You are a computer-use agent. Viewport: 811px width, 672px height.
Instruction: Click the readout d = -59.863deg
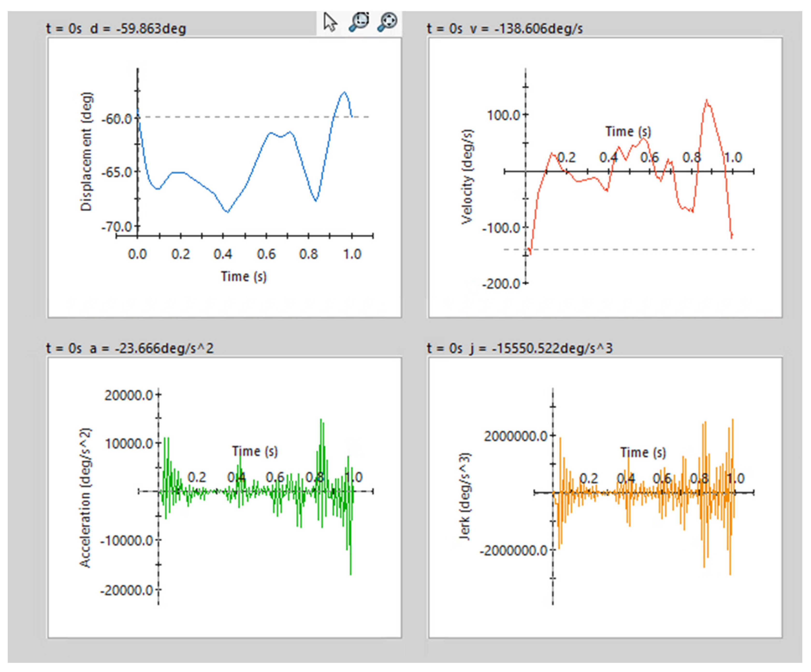(x=138, y=29)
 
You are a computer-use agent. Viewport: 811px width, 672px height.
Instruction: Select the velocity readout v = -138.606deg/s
(x=526, y=29)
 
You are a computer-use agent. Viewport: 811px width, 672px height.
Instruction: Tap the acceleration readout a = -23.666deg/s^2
(x=152, y=348)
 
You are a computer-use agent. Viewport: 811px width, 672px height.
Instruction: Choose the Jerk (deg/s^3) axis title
(x=465, y=496)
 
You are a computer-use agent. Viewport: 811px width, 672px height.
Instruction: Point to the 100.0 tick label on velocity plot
(x=503, y=115)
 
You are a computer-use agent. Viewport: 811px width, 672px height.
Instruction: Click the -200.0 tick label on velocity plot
(x=501, y=284)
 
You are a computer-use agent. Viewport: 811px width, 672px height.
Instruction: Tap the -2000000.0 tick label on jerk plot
(x=513, y=550)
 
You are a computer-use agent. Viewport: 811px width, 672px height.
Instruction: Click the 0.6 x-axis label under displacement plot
(x=266, y=254)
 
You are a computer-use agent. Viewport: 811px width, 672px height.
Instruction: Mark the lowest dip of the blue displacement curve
(x=227, y=212)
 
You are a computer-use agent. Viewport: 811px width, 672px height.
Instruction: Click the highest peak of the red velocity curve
(x=707, y=100)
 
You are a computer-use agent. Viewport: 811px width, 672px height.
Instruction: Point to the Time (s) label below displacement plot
(x=244, y=277)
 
